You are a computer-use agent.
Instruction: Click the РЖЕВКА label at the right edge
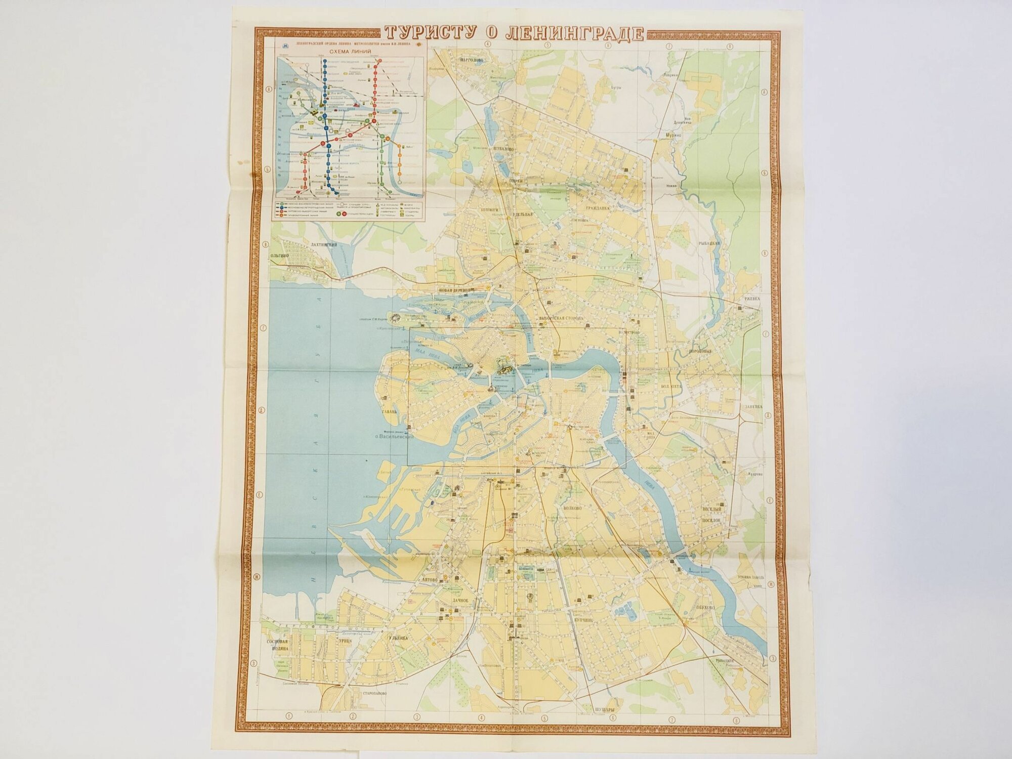(x=752, y=299)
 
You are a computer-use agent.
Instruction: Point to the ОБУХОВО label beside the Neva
(x=705, y=607)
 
